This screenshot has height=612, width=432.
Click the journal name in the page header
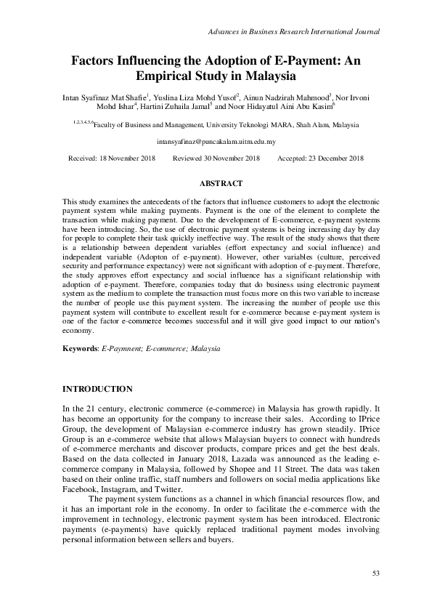pyautogui.click(x=294, y=32)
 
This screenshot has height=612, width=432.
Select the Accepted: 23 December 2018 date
pyautogui.click(x=321, y=158)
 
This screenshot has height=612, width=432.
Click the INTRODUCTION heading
pyautogui.click(x=97, y=390)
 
